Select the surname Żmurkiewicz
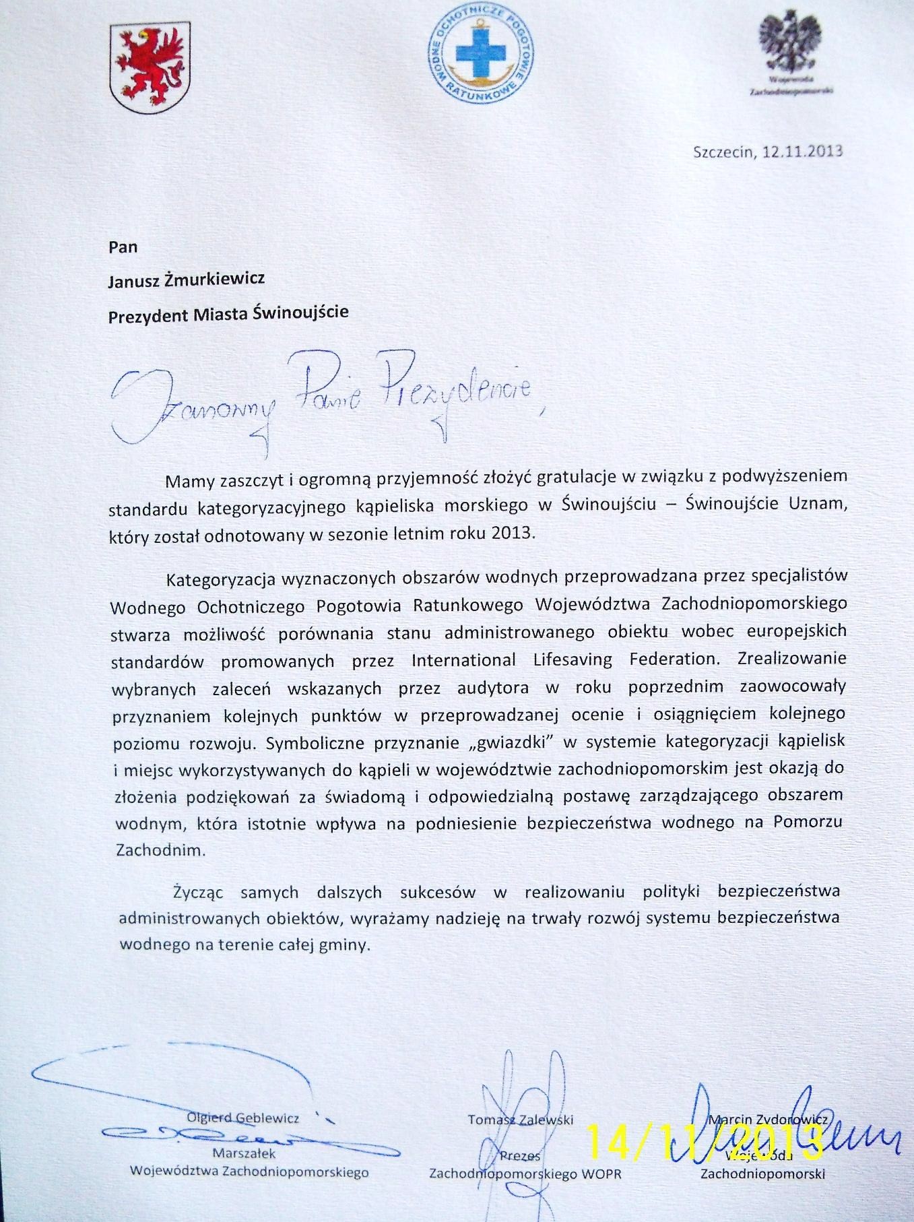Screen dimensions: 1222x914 213,279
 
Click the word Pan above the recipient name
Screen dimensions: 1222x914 123,247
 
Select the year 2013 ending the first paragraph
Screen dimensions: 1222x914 515,533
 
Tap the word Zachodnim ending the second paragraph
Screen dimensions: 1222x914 160,849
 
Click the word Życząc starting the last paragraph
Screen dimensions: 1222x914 197,893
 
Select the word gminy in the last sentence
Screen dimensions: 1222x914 346,944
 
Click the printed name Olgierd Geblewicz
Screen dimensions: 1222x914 242,1118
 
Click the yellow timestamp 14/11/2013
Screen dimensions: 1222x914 705,1140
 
